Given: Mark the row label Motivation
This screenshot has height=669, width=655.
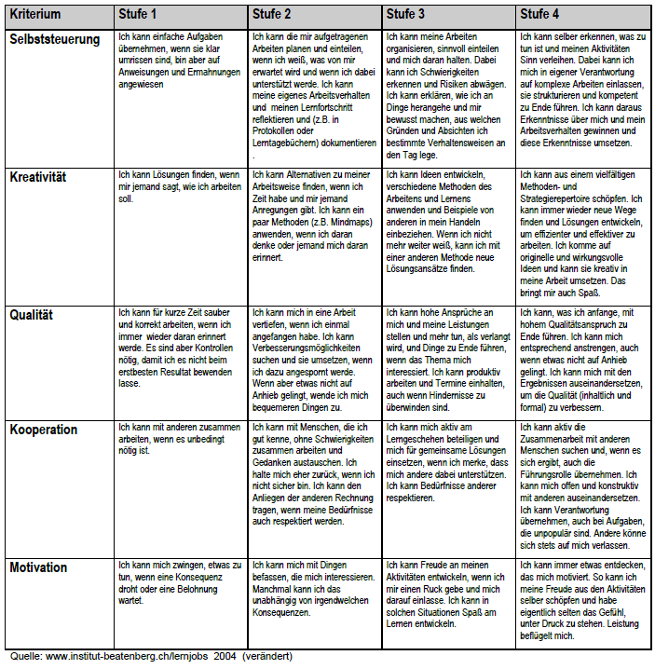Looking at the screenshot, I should click(40, 567).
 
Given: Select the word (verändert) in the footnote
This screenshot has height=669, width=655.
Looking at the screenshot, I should click(268, 656).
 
